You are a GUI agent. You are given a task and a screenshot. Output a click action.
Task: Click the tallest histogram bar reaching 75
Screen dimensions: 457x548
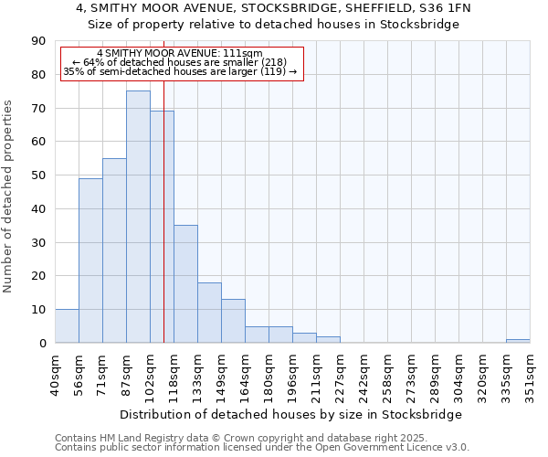click(138, 217)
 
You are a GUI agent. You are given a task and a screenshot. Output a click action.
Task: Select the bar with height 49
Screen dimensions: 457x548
click(90, 260)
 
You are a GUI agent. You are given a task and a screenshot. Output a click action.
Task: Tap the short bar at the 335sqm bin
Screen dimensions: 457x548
click(518, 341)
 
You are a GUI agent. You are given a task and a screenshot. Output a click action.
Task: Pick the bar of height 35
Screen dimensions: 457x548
click(185, 283)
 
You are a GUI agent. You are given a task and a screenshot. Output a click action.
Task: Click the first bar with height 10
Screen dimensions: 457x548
click(67, 325)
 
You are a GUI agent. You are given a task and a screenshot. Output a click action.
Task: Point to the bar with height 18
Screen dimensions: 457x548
click(209, 313)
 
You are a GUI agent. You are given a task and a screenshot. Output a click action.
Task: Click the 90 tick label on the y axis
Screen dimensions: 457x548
click(38, 41)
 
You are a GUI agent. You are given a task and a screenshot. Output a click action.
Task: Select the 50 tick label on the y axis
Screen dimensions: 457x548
click(38, 175)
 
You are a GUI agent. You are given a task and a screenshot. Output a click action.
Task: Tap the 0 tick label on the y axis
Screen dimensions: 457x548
click(42, 343)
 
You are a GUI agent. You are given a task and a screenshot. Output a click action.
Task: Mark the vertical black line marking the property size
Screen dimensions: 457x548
click(163, 228)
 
